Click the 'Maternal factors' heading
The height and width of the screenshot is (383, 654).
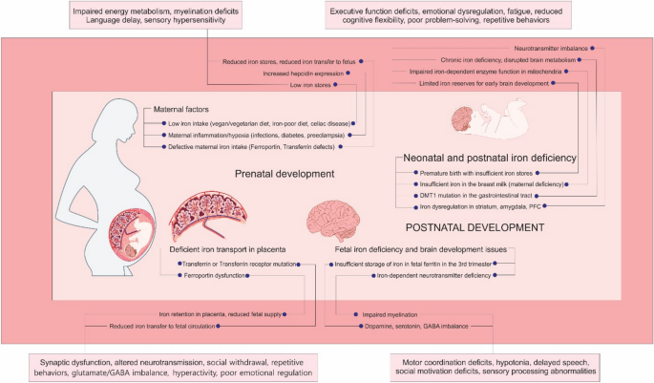click(181, 109)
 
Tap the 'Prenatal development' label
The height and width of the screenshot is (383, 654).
click(285, 174)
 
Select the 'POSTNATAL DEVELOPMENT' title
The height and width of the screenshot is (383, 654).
click(475, 227)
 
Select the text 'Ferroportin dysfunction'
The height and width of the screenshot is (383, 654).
click(215, 275)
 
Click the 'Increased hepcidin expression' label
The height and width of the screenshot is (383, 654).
click(304, 74)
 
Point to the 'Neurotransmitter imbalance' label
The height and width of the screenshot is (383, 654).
click(551, 49)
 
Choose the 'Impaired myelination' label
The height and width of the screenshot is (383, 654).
click(390, 314)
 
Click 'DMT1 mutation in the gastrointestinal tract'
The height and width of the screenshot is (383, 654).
click(475, 195)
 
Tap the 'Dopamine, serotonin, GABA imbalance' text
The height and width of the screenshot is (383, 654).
click(416, 327)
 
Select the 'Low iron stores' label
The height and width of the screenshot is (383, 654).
click(310, 85)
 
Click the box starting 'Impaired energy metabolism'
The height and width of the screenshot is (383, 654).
click(156, 16)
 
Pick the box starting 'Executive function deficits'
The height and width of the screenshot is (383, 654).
click(449, 15)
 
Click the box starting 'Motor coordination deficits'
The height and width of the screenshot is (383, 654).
click(496, 367)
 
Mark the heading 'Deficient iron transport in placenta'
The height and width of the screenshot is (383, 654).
click(227, 249)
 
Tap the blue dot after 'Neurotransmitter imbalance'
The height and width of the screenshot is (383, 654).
click(592, 49)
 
